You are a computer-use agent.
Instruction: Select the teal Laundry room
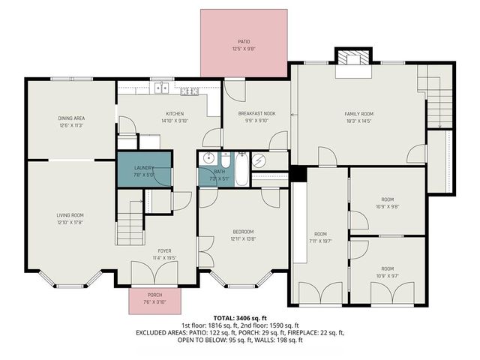point(144,172)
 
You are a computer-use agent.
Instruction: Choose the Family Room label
point(358,113)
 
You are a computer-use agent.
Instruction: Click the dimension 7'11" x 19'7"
point(321,241)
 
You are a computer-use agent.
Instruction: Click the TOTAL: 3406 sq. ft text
point(240,317)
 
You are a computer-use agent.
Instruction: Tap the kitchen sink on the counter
point(161,89)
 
